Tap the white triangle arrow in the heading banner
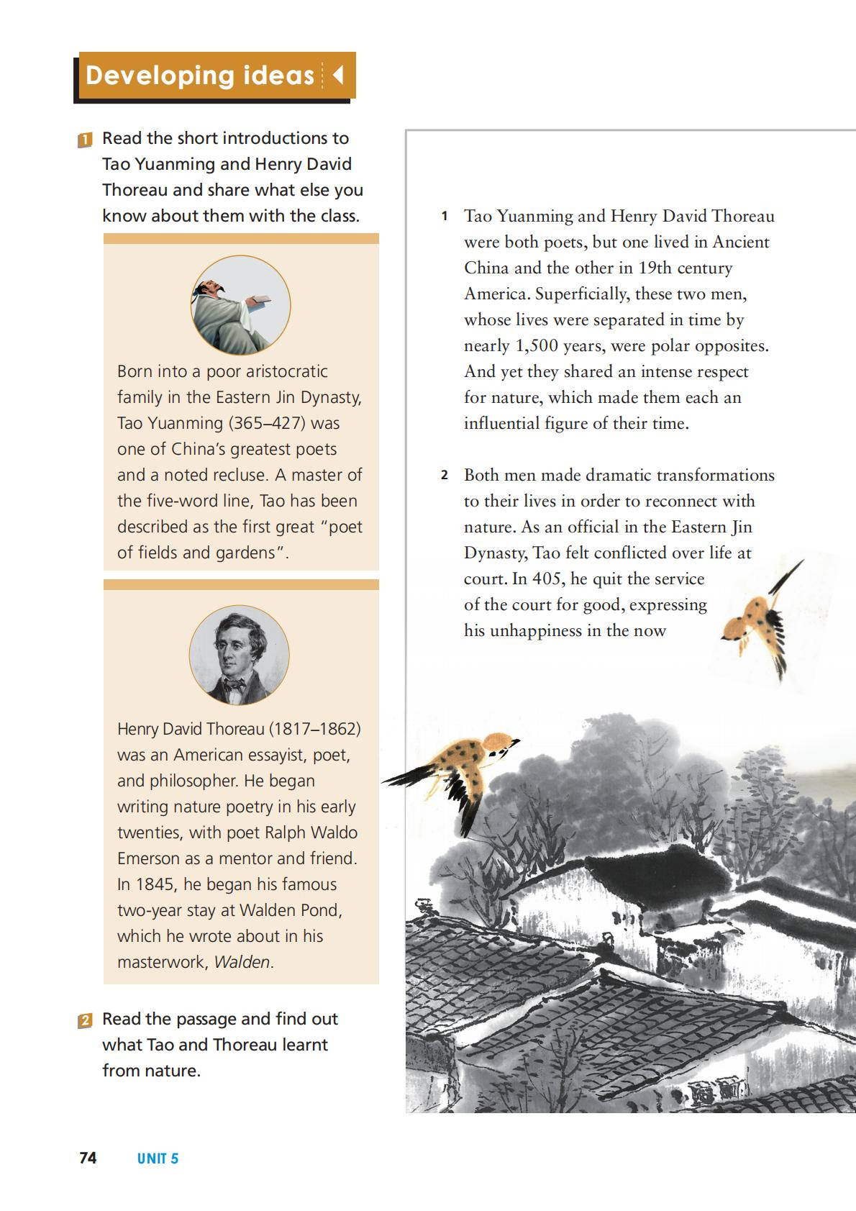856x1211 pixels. (337, 75)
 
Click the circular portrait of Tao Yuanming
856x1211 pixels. (240, 305)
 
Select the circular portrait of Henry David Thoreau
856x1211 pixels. (239, 655)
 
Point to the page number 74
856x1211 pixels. (88, 1158)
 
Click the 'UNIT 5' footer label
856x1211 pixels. (158, 1158)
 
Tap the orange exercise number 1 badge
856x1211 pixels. (85, 140)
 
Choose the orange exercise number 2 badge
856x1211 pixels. (85, 1020)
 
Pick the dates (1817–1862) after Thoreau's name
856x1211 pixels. (314, 729)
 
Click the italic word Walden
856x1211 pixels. (242, 962)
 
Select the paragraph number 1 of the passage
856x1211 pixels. (445, 217)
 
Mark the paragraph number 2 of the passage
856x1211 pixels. (445, 476)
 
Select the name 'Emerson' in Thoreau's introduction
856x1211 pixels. (148, 858)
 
